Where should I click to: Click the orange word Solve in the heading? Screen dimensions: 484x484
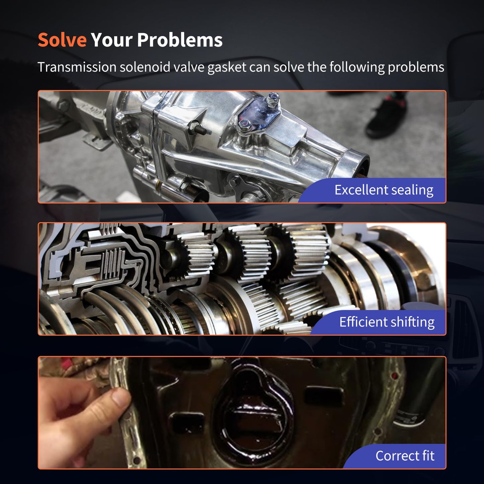click(62, 40)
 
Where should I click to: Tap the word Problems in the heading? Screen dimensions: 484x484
click(180, 40)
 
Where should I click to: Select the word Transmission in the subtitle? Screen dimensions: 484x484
click(77, 67)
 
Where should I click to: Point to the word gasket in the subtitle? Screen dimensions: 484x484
click(227, 68)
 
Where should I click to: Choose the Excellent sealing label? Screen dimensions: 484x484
click(384, 190)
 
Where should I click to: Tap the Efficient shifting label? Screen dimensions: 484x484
click(387, 322)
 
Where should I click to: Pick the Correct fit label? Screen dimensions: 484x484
click(405, 456)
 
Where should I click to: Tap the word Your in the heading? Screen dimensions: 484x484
click(112, 40)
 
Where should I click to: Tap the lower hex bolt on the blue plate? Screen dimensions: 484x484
click(245, 125)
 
